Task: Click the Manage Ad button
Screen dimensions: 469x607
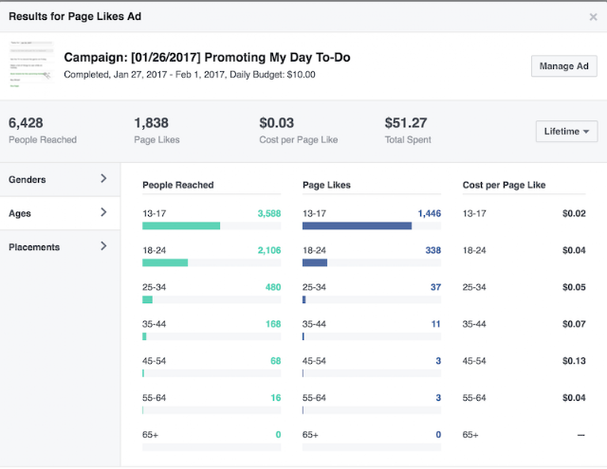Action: [x=563, y=65]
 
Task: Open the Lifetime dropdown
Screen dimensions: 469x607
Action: [x=566, y=131]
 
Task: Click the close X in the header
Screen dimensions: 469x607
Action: [x=593, y=16]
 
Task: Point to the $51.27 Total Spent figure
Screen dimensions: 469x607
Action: [x=406, y=122]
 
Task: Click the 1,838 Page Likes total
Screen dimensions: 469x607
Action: [x=152, y=122]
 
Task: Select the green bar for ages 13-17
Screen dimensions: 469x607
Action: [x=181, y=225]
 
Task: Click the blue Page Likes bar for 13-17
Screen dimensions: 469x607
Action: [x=357, y=225]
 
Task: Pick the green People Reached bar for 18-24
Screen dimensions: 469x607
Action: [x=165, y=262]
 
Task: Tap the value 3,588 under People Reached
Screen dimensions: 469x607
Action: [x=268, y=213]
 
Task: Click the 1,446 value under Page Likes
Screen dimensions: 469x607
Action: [x=429, y=213]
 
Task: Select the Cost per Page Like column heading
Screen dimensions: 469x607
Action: [x=504, y=185]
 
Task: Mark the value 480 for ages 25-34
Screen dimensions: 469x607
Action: [x=272, y=287]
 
